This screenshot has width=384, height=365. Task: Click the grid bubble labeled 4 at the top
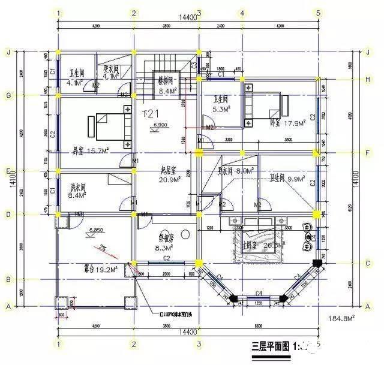[241, 13]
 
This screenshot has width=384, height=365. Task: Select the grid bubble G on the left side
[8, 95]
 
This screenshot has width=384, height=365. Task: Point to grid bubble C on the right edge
[367, 263]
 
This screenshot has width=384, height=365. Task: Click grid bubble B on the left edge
[8, 279]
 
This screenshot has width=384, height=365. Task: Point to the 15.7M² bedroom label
[88, 150]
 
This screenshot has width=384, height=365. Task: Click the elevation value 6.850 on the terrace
[96, 230]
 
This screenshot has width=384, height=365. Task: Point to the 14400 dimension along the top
[188, 19]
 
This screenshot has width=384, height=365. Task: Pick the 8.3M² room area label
[163, 247]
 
